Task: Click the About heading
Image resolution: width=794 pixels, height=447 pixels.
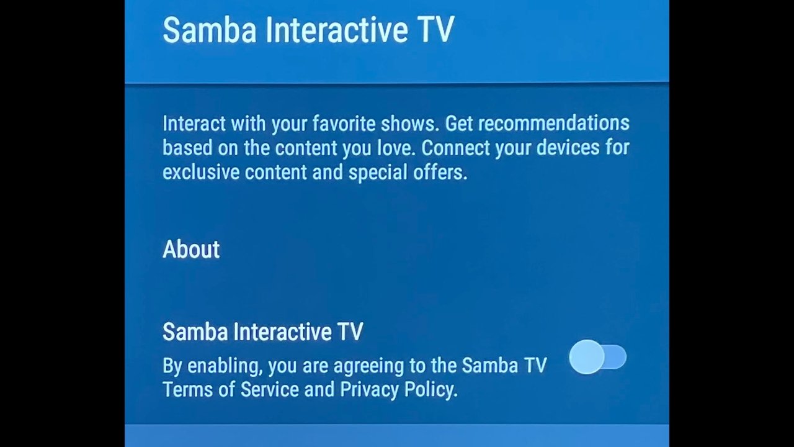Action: (191, 249)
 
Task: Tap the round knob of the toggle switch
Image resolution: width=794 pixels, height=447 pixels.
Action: (587, 357)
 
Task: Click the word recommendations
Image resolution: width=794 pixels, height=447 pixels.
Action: (554, 124)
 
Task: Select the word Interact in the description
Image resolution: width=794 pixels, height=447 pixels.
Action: (194, 124)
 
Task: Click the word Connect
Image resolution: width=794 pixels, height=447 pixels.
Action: (456, 148)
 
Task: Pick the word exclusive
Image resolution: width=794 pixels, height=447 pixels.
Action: (201, 173)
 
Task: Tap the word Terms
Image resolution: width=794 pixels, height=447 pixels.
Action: (188, 389)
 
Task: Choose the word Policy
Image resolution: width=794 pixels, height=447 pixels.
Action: (431, 390)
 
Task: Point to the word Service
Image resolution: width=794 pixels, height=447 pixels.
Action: (270, 389)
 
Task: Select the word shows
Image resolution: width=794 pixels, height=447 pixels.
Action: (410, 124)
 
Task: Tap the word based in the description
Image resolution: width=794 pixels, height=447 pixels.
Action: (187, 148)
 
